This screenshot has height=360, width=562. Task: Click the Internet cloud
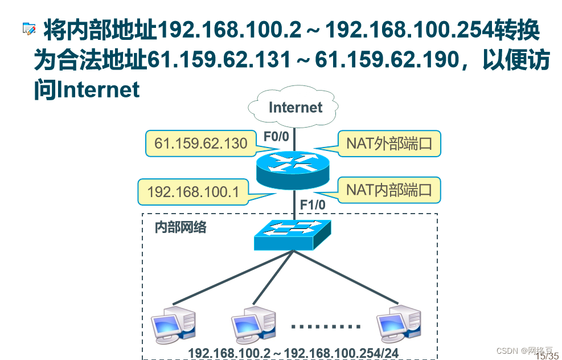pyautogui.click(x=294, y=108)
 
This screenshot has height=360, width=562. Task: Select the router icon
pyautogui.click(x=293, y=169)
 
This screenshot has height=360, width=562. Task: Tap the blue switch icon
pyautogui.click(x=293, y=234)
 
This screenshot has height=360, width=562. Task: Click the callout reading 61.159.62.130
pyautogui.click(x=201, y=143)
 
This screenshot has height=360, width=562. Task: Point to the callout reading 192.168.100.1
pyautogui.click(x=193, y=192)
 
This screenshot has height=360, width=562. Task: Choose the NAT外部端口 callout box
pyautogui.click(x=389, y=143)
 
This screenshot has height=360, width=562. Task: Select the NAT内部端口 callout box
pyautogui.click(x=389, y=190)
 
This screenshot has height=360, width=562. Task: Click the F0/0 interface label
pyautogui.click(x=276, y=136)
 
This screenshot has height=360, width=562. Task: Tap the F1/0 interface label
pyautogui.click(x=312, y=204)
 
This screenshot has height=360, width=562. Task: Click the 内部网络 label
pyautogui.click(x=181, y=228)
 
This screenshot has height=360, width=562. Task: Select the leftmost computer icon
pyautogui.click(x=173, y=326)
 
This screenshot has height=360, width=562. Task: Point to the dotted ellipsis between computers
pyautogui.click(x=326, y=327)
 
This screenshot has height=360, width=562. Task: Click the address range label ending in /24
pyautogui.click(x=293, y=353)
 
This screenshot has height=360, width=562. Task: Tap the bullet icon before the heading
pyautogui.click(x=28, y=29)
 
